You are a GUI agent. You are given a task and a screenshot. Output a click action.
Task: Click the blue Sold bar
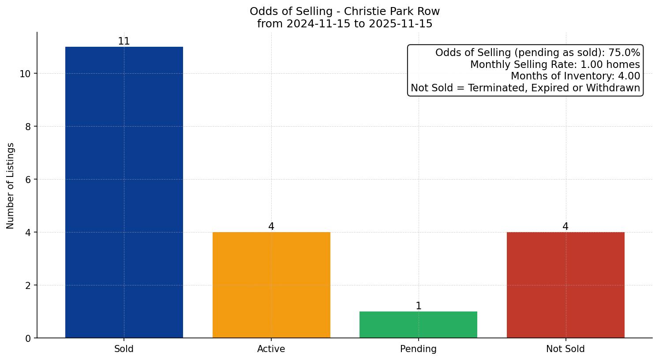[124, 192]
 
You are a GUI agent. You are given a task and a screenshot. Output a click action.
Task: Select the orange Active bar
[271, 285]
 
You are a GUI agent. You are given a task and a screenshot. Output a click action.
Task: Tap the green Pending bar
[418, 325]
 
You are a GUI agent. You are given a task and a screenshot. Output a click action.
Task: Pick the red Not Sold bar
[565, 285]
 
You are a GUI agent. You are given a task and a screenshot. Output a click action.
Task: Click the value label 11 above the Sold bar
[124, 41]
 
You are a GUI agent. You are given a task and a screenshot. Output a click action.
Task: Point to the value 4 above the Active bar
[271, 227]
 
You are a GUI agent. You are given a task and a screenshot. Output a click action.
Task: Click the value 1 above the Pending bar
[418, 306]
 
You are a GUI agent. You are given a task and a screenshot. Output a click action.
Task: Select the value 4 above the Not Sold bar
[565, 227]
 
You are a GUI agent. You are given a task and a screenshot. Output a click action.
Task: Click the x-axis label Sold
[124, 349]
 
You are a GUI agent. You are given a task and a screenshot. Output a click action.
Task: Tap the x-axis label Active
[271, 349]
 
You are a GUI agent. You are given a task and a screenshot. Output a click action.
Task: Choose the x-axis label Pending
[418, 349]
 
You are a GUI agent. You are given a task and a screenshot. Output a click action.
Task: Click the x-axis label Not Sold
[565, 349]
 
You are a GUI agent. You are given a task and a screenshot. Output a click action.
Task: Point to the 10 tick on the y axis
[25, 74]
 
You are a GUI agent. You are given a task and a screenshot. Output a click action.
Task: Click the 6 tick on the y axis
[28, 180]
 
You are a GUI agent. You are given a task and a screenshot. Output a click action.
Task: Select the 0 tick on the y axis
[28, 338]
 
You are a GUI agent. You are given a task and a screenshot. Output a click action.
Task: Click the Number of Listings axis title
[11, 185]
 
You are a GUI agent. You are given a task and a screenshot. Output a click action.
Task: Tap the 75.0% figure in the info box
[624, 53]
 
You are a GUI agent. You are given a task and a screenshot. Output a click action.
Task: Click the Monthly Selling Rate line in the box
[555, 64]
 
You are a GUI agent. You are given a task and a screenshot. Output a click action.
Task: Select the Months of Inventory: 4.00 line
[575, 76]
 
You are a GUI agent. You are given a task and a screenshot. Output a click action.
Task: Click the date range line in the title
[344, 24]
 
